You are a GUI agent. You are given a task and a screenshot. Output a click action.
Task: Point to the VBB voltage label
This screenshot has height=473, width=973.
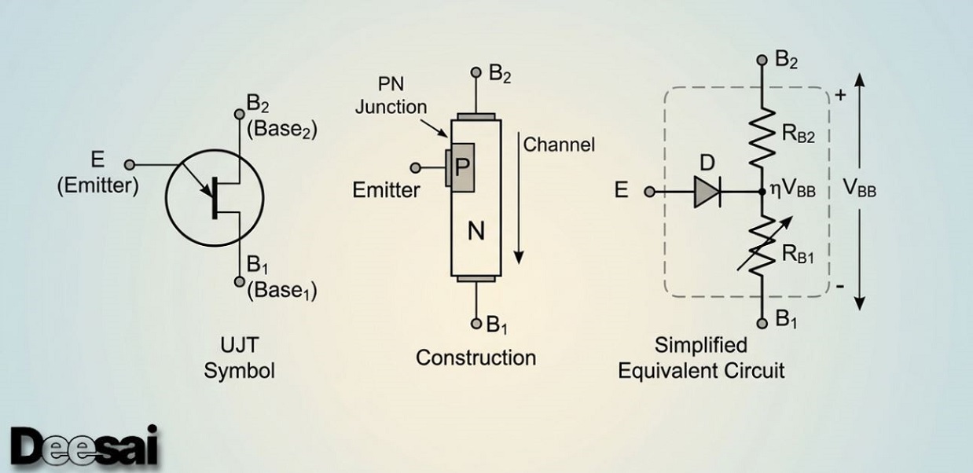click(859, 191)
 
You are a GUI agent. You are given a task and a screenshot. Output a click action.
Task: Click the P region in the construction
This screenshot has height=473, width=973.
click(463, 167)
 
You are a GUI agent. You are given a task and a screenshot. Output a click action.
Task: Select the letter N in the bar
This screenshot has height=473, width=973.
click(475, 232)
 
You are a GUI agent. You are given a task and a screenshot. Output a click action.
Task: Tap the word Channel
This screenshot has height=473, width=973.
click(559, 145)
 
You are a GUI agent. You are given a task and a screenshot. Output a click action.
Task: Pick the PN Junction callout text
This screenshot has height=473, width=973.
click(391, 97)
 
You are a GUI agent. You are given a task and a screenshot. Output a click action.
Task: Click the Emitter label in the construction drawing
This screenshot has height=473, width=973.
click(386, 189)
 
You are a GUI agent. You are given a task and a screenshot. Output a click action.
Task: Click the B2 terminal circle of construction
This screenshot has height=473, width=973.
click(475, 73)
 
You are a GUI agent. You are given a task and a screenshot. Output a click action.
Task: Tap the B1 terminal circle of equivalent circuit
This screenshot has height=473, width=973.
click(762, 321)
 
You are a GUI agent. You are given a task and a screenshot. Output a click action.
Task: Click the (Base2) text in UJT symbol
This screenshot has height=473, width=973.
click(282, 130)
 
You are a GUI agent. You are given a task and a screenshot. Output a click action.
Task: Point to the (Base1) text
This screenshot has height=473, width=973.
click(282, 291)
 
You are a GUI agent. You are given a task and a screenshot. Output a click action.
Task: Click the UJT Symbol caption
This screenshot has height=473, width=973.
click(240, 358)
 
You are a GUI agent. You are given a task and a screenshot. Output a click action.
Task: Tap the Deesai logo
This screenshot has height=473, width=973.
click(85, 445)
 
